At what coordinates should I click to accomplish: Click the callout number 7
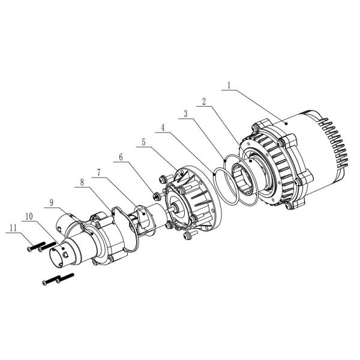pos(101,172)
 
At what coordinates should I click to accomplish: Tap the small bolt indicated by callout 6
pos(155,196)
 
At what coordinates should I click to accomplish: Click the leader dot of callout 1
pos(287,122)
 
